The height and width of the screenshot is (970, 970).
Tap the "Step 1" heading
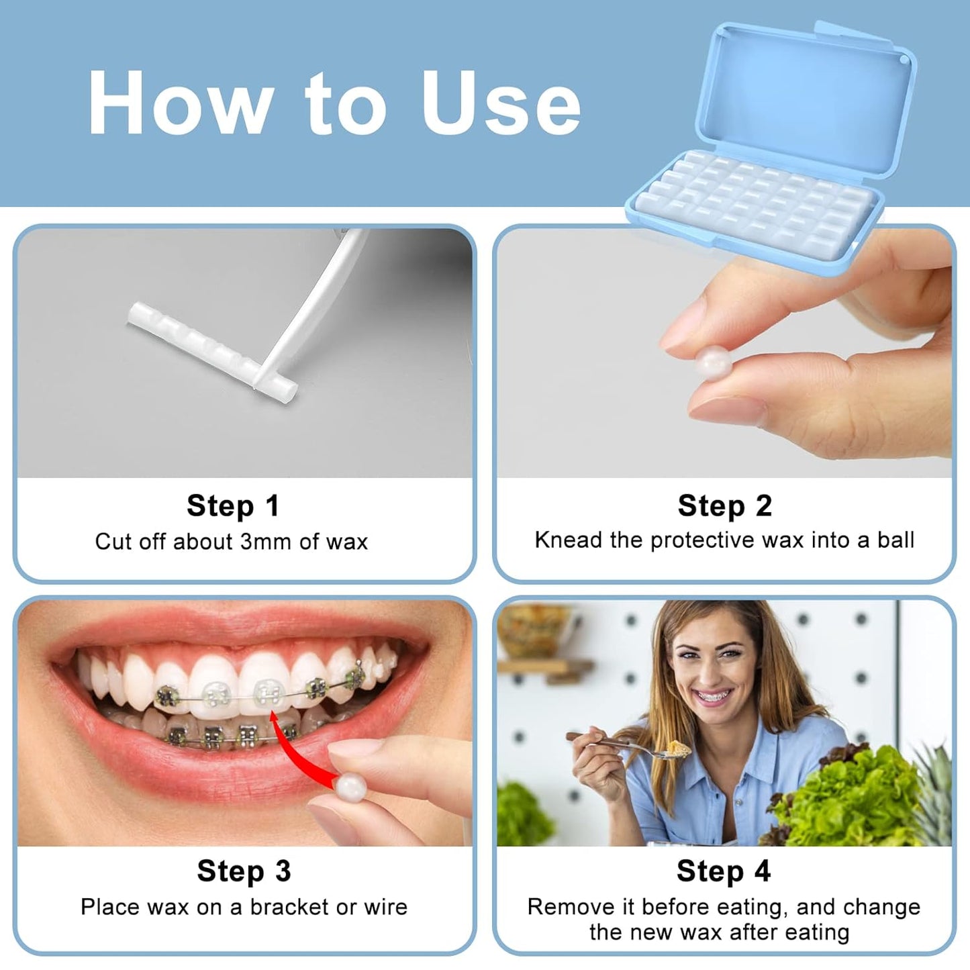232,506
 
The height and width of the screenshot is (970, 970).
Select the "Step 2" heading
724,506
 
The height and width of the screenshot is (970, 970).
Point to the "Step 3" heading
244,871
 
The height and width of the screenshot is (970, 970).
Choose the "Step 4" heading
723,871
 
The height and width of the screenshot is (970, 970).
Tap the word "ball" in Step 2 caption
895,540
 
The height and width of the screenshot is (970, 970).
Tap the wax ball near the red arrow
350,787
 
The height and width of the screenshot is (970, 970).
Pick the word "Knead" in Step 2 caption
568,540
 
